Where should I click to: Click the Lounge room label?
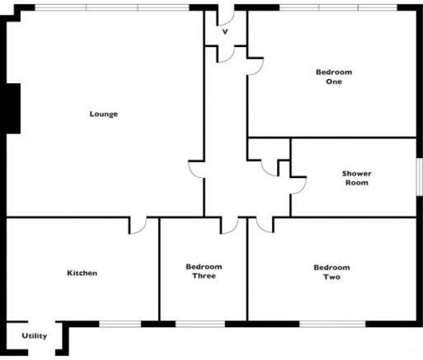point(104,114)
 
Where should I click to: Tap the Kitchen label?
point(82,273)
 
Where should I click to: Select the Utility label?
point(35,336)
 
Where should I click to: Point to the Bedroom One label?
point(334,77)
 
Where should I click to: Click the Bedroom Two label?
point(331,272)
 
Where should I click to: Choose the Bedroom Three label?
point(204,271)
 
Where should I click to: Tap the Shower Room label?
point(357,178)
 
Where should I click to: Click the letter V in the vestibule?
point(225,32)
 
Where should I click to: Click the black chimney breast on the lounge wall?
point(13,109)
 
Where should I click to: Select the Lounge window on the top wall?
point(112,7)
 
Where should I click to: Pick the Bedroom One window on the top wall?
point(338,7)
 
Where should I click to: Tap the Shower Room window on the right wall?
point(420,177)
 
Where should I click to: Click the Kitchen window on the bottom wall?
point(120,324)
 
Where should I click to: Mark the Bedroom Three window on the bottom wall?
point(200,324)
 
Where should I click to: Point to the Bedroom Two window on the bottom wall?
point(332,324)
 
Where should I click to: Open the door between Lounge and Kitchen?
point(138,226)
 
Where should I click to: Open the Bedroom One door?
point(256,66)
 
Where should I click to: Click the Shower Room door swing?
point(298,185)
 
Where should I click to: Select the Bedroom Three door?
point(229,226)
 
